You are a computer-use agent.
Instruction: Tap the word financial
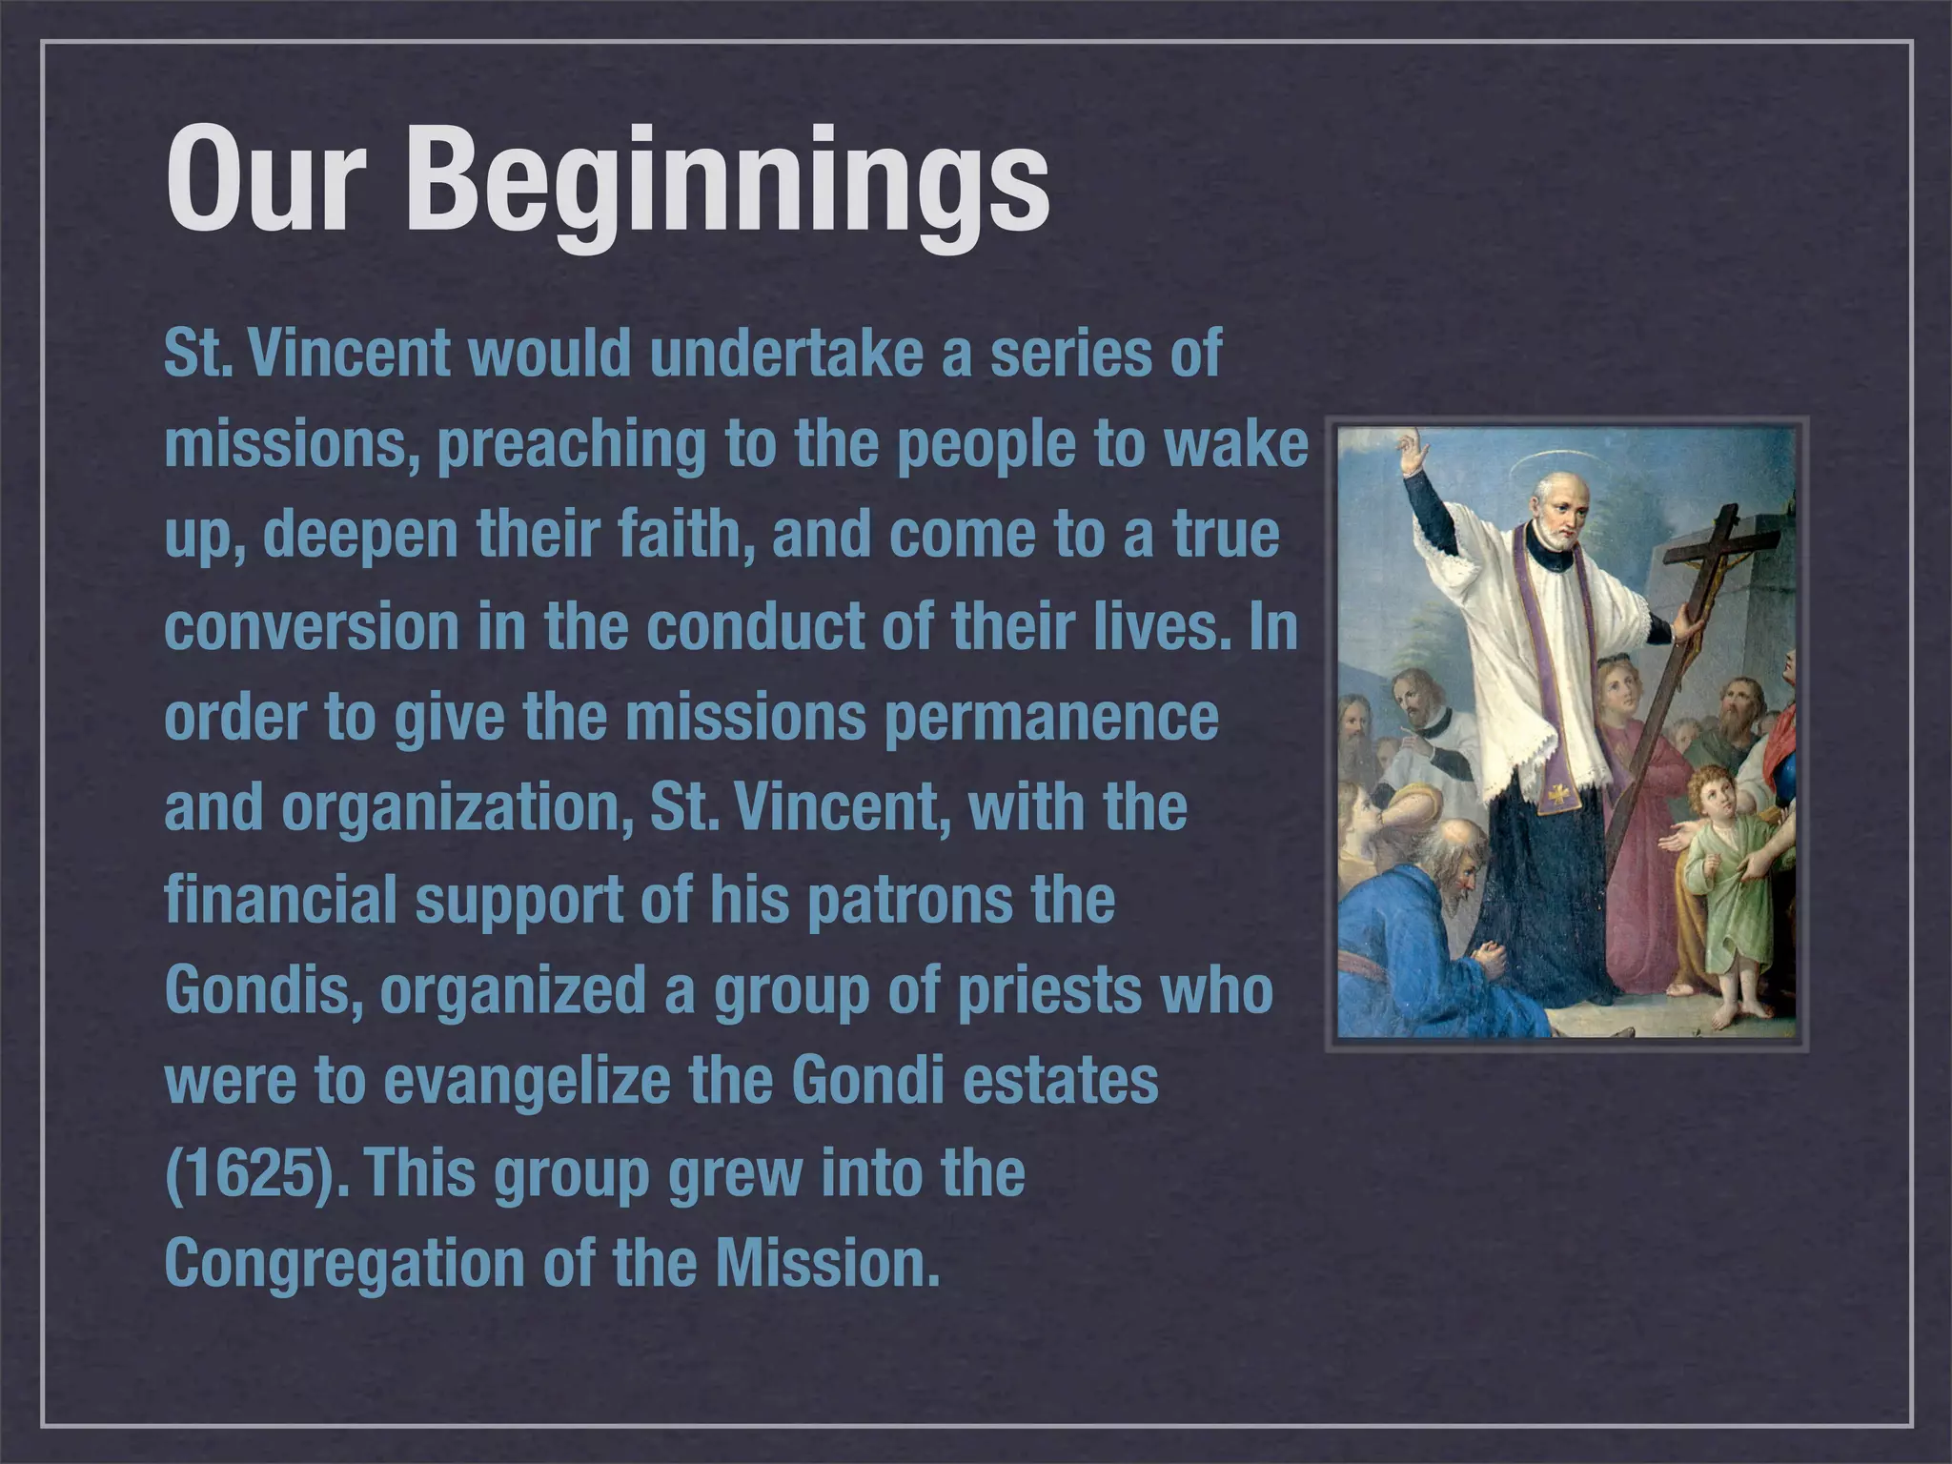click(x=280, y=899)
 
